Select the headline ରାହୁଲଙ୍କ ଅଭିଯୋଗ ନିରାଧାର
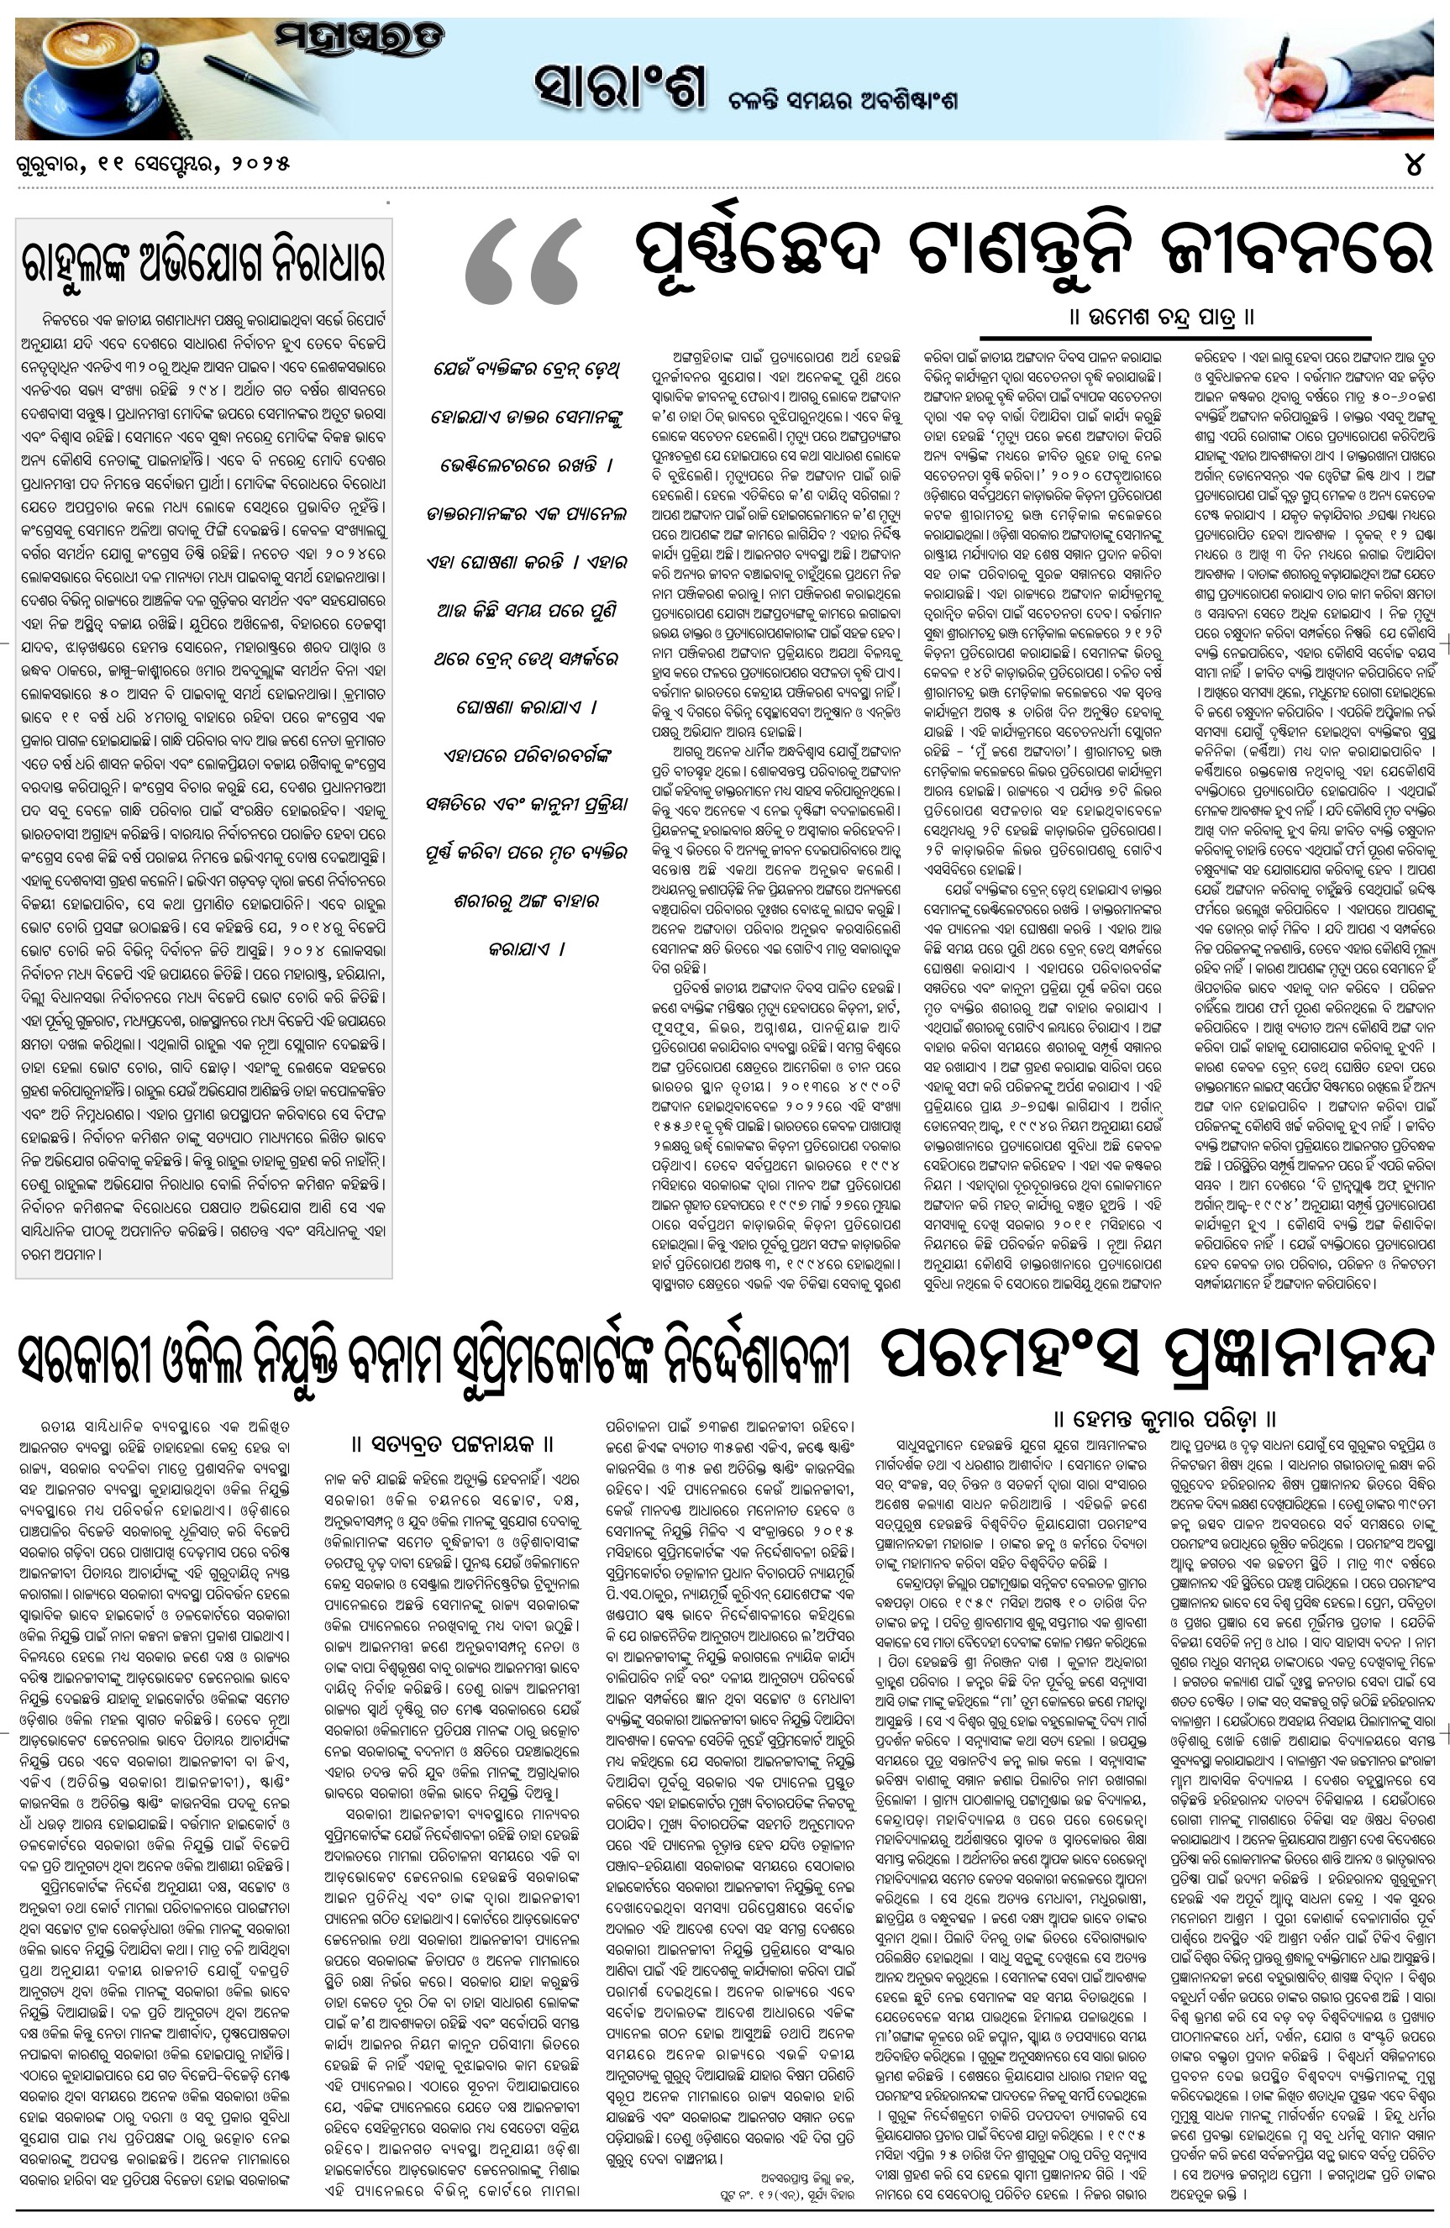[x=203, y=263]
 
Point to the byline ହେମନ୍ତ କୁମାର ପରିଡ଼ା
[x=1165, y=1417]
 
